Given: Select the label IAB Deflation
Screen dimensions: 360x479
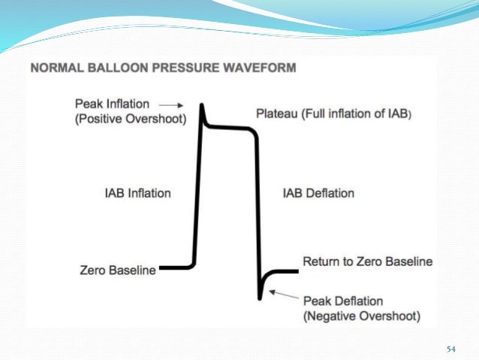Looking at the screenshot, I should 318,193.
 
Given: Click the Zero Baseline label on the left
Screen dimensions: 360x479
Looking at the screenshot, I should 117,269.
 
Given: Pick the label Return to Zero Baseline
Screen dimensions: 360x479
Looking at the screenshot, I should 367,262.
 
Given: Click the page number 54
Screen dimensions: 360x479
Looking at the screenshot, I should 451,349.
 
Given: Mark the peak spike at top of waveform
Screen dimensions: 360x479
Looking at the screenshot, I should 202,108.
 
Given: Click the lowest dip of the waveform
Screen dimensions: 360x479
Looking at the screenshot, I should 261,294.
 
